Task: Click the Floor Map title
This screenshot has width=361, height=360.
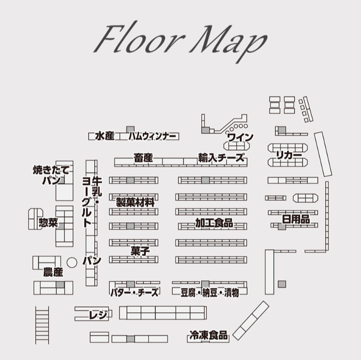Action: click(x=180, y=41)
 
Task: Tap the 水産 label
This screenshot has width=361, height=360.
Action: click(x=105, y=136)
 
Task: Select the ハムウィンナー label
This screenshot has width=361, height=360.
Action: click(x=153, y=136)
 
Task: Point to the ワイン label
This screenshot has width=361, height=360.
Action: click(x=240, y=137)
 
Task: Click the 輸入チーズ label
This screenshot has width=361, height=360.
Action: click(x=221, y=158)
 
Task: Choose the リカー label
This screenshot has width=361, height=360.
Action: click(x=289, y=155)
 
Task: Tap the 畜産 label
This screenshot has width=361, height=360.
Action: click(x=143, y=158)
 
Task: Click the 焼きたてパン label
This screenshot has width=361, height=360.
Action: click(x=51, y=175)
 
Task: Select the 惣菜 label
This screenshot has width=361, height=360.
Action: click(x=48, y=222)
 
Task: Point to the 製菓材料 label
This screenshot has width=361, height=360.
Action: click(x=135, y=202)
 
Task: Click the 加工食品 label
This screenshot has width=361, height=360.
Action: click(x=214, y=222)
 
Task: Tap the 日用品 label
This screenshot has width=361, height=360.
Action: click(x=296, y=219)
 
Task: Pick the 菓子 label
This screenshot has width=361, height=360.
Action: click(x=140, y=251)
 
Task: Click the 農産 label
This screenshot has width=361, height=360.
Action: click(x=53, y=272)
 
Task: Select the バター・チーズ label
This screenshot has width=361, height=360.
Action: click(x=134, y=292)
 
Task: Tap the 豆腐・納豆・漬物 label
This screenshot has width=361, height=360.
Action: click(x=209, y=293)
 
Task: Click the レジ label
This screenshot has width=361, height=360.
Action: click(x=98, y=314)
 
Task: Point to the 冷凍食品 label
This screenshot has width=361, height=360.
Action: click(x=208, y=335)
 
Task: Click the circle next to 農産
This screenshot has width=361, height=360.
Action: click(x=72, y=263)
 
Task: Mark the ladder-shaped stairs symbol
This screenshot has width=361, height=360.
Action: click(x=42, y=325)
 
